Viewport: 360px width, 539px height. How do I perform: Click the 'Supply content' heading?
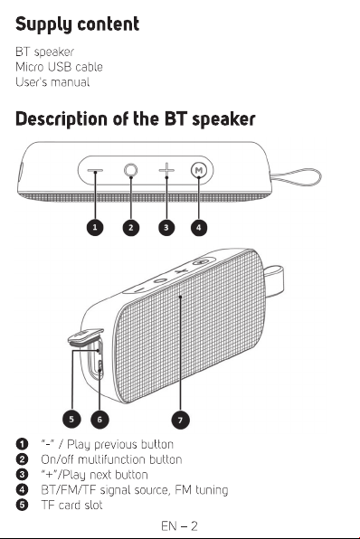[78, 24]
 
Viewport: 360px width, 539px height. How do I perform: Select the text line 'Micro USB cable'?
[59, 67]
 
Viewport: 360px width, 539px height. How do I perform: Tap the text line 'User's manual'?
[52, 81]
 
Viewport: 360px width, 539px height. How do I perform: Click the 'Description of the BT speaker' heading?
[136, 119]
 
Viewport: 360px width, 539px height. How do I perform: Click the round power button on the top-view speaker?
[130, 170]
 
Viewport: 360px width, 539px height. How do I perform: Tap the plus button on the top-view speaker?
[166, 170]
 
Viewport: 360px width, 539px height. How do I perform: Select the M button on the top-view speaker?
[199, 170]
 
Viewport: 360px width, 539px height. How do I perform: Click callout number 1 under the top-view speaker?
[95, 227]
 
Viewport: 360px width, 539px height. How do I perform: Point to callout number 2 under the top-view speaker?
[130, 228]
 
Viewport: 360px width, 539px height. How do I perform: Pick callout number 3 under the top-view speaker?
[166, 228]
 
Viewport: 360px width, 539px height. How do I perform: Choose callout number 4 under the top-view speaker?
[199, 228]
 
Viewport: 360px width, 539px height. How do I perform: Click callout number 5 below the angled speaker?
[71, 420]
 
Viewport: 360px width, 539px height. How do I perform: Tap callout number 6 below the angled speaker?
[99, 420]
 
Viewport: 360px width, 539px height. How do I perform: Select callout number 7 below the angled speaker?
[180, 420]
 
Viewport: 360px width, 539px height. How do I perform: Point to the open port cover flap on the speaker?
[85, 336]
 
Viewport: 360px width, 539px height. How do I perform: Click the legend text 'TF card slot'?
[71, 505]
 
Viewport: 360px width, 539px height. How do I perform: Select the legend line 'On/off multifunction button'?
[111, 459]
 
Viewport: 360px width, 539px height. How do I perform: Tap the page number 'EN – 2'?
[179, 526]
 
